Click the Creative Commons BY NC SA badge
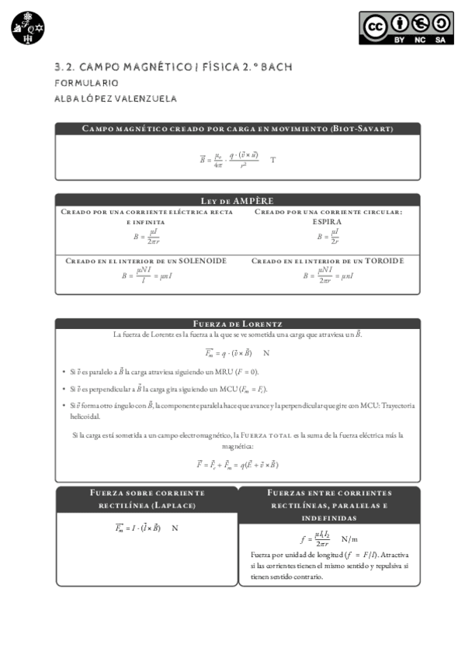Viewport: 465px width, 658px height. [x=406, y=28]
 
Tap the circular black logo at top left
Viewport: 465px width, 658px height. [x=29, y=28]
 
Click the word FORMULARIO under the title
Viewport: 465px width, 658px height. [x=86, y=82]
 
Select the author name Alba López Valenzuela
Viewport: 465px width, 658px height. [x=116, y=99]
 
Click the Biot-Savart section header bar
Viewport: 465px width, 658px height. [x=238, y=128]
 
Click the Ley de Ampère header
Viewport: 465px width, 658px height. [x=238, y=200]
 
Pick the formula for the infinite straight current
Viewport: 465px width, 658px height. [x=147, y=236]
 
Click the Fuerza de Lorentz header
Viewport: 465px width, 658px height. [x=238, y=324]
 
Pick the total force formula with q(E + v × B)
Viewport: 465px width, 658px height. [x=237, y=465]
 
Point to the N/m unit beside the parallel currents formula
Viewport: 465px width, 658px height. [x=349, y=539]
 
